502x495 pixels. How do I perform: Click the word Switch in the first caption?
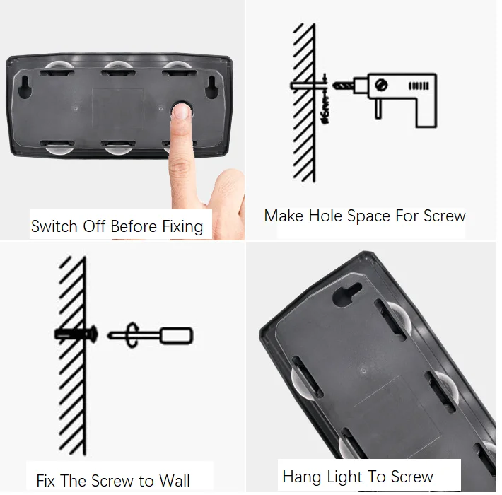coord(54,226)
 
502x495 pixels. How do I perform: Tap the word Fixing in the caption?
coord(182,227)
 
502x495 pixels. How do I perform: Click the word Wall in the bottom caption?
coord(175,481)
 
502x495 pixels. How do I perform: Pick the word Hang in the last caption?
coord(302,477)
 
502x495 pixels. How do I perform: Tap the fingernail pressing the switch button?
coord(182,112)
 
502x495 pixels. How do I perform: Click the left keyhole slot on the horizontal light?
coord(25,86)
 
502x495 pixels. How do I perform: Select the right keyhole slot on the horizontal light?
coord(211,86)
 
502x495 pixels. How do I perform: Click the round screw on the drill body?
coord(382,85)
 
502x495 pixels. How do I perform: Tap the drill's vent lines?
coord(419,86)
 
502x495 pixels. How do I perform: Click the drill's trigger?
coord(378,108)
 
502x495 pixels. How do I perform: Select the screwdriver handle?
coord(176,336)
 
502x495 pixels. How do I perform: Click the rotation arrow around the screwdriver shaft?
coord(132,335)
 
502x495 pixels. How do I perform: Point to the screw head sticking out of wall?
coord(93,334)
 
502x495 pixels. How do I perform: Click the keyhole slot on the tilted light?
coord(347,294)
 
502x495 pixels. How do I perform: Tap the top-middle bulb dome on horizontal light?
coord(118,66)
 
